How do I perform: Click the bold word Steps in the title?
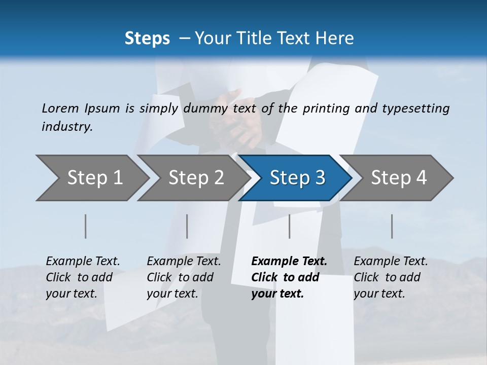click(x=147, y=39)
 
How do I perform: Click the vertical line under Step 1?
click(x=85, y=226)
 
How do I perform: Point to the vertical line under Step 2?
click(x=187, y=226)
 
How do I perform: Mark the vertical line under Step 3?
click(x=289, y=226)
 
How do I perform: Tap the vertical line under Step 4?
click(x=392, y=226)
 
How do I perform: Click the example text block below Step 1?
click(x=83, y=277)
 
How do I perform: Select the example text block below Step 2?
click(x=184, y=277)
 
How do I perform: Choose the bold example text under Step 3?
click(x=289, y=277)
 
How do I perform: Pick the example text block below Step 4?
click(x=391, y=277)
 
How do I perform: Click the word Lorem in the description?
click(x=60, y=108)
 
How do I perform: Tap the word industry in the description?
click(x=67, y=127)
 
